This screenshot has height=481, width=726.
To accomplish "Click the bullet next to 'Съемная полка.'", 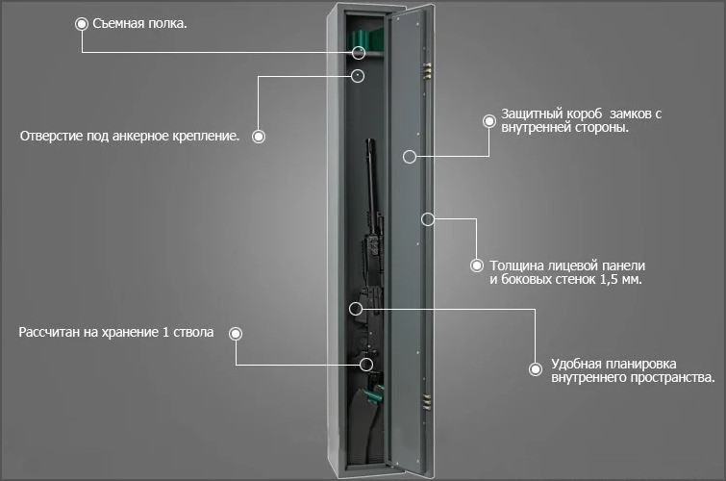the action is pos(82,24).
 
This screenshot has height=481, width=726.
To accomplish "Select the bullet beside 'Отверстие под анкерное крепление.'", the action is pos(259,137).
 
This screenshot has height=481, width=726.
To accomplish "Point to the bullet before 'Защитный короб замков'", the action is pos(489,121).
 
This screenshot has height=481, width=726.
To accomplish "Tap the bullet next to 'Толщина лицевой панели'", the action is pos(477,266).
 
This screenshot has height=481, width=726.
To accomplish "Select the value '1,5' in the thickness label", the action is pos(609,279).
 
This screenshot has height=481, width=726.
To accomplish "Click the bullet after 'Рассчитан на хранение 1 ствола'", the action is pos(236,334).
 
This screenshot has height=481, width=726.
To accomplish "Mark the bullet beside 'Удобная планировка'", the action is pos(536,369).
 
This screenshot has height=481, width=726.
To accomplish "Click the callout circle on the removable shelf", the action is pos(359,53).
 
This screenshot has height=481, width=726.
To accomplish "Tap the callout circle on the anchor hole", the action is pos(358,76).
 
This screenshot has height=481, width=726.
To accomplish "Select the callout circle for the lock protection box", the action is pos(410,157).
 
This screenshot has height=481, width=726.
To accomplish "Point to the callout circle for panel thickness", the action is pos(428,219).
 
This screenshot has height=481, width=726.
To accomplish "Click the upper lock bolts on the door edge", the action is pos(428,71).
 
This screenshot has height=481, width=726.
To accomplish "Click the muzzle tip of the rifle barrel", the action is pos(370,140).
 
